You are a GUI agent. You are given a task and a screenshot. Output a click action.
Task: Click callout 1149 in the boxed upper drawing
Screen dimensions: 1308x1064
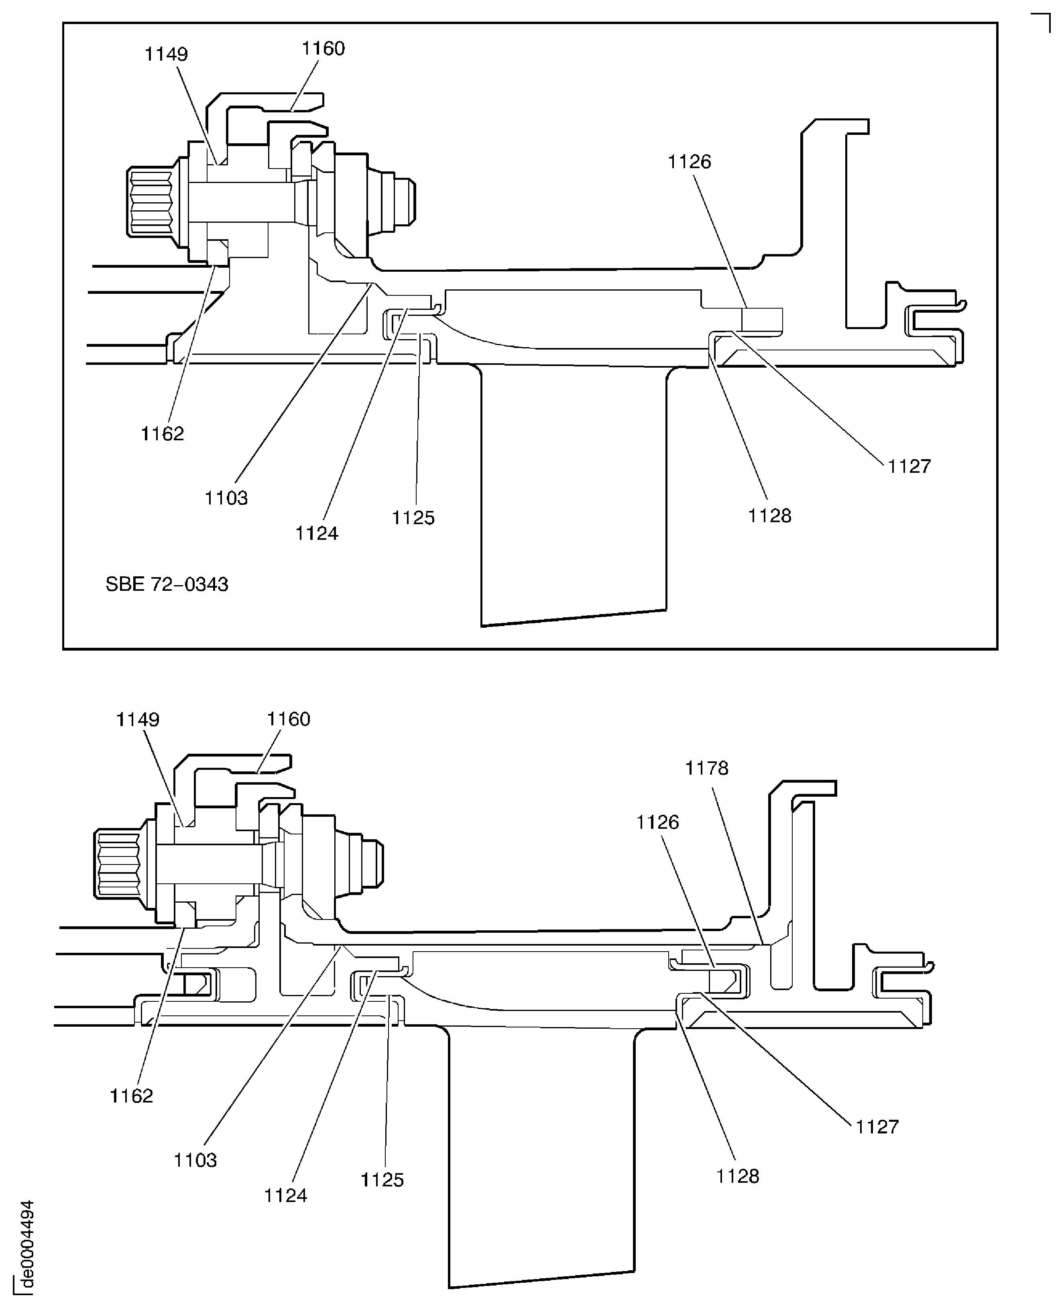166,55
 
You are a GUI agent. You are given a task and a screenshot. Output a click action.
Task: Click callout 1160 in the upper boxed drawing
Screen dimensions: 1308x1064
323,49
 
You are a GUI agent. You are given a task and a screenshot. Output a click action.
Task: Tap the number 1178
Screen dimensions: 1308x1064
707,768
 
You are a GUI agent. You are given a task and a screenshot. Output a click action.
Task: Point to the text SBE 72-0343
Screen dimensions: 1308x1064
167,584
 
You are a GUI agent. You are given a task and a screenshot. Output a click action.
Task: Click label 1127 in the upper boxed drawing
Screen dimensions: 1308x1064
909,466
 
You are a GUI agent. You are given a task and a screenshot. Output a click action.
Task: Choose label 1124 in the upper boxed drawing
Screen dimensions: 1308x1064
317,534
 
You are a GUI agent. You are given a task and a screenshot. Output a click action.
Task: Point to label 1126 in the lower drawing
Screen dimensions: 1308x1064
658,822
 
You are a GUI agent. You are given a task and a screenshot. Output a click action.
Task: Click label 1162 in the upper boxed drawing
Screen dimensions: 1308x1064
163,434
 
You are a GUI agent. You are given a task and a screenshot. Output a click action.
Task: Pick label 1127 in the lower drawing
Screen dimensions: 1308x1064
877,1127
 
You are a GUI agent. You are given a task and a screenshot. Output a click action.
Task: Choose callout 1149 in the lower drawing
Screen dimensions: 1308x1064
138,720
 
